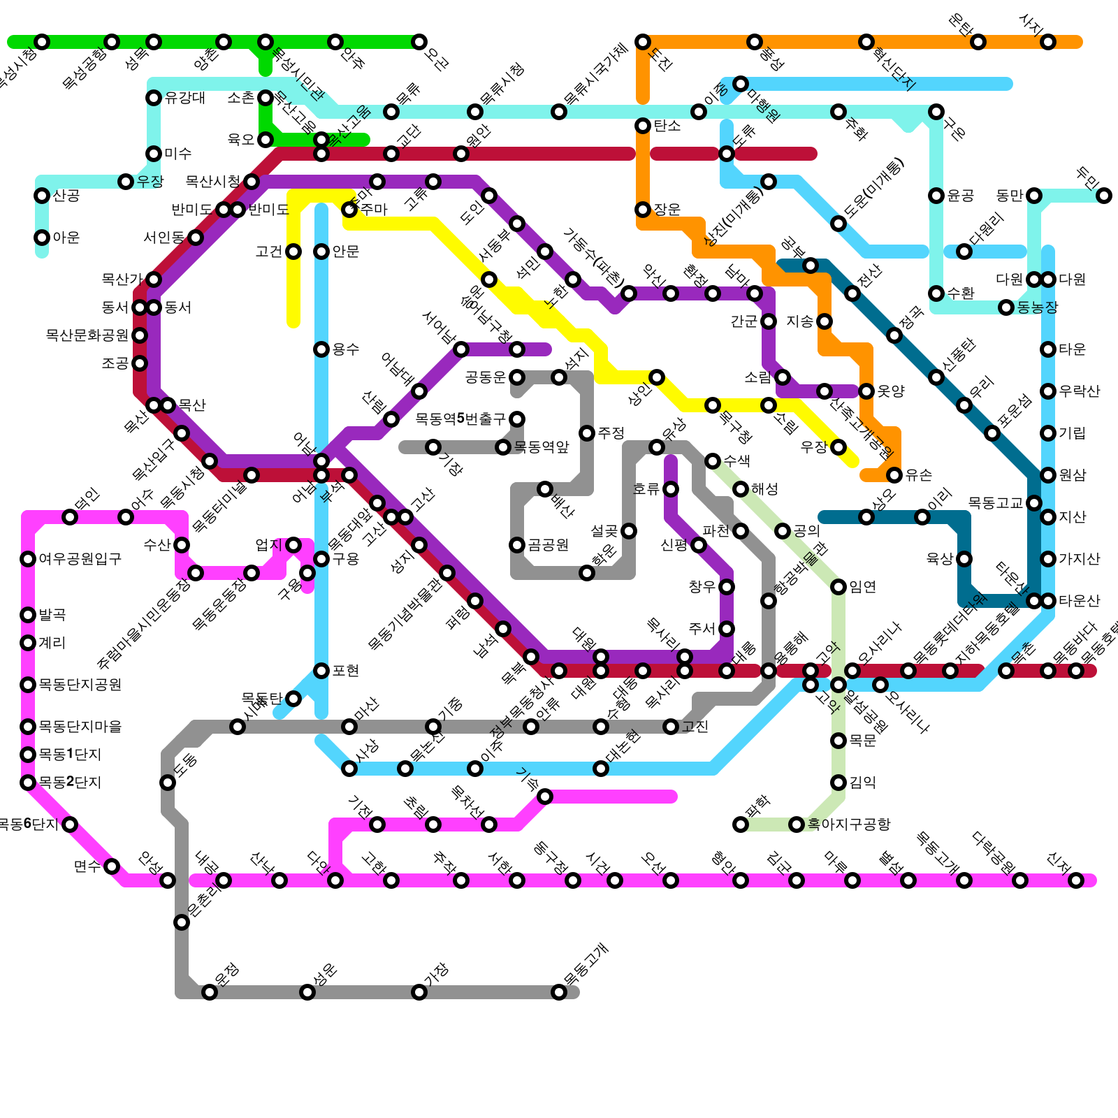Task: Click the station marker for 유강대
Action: pyautogui.click(x=154, y=98)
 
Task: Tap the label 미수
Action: pyautogui.click(x=178, y=154)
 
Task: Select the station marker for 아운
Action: pyautogui.click(x=42, y=238)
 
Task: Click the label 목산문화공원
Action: pyautogui.click(x=87, y=335)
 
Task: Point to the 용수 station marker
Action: pyautogui.click(x=321, y=349)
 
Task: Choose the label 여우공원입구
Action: pyautogui.click(x=80, y=559)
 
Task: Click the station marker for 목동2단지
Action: pyautogui.click(x=28, y=783)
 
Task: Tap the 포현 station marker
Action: pyautogui.click(x=321, y=671)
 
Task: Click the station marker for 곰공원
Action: pyautogui.click(x=517, y=545)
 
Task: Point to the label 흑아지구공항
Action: pyautogui.click(x=849, y=825)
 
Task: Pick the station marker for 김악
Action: pyautogui.click(x=838, y=783)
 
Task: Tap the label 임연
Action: pyautogui.click(x=863, y=587)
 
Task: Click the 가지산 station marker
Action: pyautogui.click(x=1048, y=559)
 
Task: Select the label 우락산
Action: pyautogui.click(x=1080, y=391)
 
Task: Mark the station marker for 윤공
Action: pyautogui.click(x=936, y=196)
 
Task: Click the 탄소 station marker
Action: pyautogui.click(x=643, y=126)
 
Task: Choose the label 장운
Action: pyautogui.click(x=667, y=210)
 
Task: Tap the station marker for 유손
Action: pyautogui.click(x=894, y=475)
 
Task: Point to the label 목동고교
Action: pyautogui.click(x=996, y=503)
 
